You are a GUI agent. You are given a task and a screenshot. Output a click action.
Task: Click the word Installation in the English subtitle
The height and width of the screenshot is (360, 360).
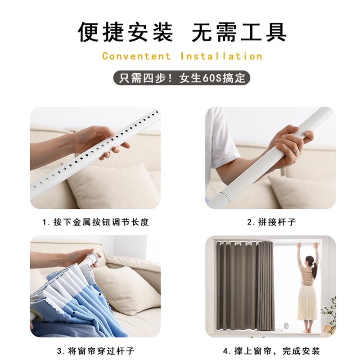pos(221,56)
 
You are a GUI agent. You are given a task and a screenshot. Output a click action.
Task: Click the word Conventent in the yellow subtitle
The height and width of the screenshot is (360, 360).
pos(136,56)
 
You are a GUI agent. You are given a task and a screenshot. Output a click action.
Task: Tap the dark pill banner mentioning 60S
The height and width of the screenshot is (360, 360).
pos(180,77)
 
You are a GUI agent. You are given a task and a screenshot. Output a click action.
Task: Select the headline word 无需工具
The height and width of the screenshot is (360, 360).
pos(239,31)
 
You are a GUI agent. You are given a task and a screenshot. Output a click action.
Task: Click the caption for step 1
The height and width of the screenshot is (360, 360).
pos(95,222)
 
